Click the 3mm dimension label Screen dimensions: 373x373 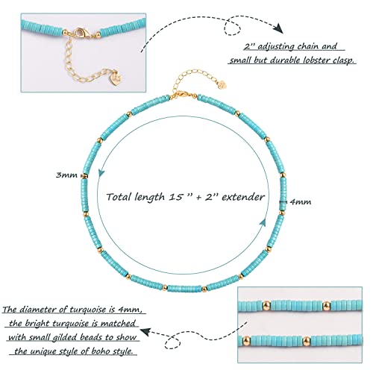click(66, 175)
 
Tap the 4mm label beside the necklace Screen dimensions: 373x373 click(301, 201)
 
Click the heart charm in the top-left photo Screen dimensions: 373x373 click(117, 78)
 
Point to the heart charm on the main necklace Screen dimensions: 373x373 click(223, 84)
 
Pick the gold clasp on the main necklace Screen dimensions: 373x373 click(181, 95)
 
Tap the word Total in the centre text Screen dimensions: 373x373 click(119, 197)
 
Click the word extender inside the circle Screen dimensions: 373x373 click(243, 197)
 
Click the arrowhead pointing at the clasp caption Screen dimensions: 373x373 click(279, 28)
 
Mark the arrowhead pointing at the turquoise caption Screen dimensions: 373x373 click(145, 331)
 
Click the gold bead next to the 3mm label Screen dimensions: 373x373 click(84, 176)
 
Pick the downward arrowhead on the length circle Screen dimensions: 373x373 click(101, 173)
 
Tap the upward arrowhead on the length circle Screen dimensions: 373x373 click(263, 222)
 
